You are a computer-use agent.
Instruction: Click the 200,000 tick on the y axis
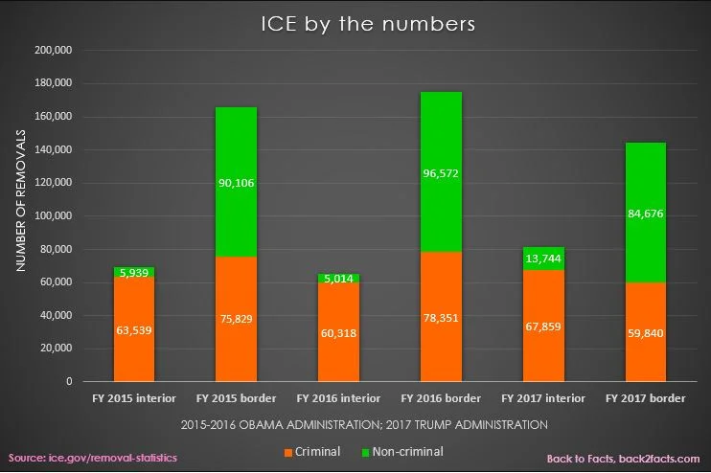pyautogui.click(x=65, y=51)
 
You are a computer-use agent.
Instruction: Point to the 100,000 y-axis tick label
pyautogui.click(x=65, y=216)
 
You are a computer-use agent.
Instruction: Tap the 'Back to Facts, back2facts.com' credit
pyautogui.click(x=623, y=459)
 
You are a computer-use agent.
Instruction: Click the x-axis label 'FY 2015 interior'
pyautogui.click(x=134, y=397)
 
